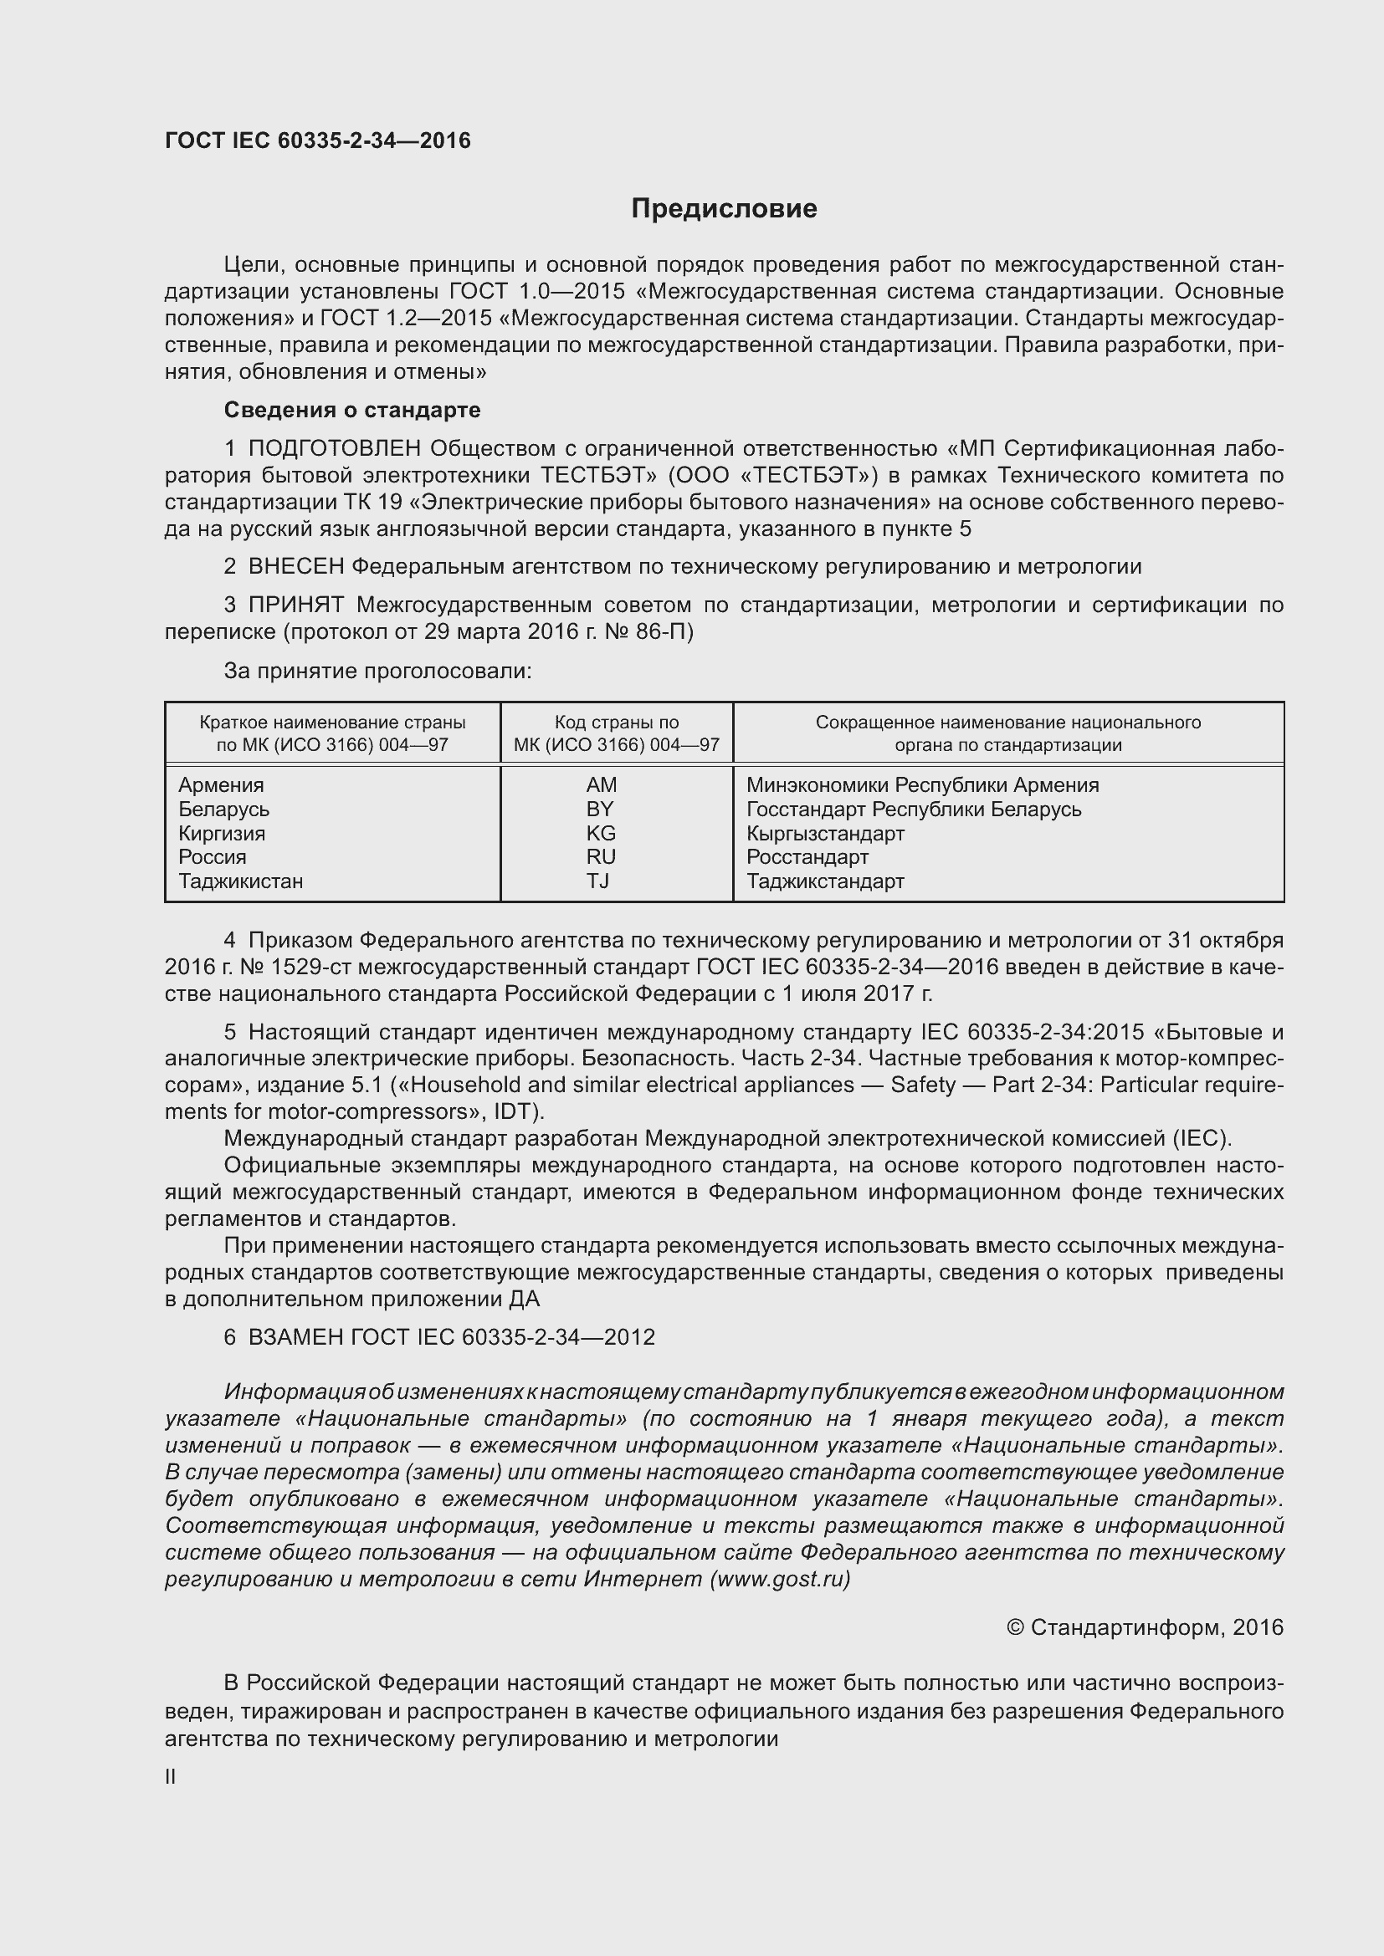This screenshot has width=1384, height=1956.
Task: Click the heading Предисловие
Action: click(724, 209)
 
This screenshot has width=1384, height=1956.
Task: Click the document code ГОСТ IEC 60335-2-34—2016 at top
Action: click(317, 140)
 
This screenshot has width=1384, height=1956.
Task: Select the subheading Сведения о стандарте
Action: click(352, 410)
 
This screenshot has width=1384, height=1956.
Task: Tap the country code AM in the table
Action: click(601, 784)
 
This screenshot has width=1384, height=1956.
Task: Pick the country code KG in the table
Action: click(601, 833)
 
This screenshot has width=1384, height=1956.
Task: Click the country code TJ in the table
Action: click(597, 881)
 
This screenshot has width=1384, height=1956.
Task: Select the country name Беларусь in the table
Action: click(223, 809)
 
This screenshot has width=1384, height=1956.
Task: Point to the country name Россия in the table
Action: click(213, 857)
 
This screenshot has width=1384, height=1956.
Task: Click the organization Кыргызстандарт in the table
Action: click(825, 833)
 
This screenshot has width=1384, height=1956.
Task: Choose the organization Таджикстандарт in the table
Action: click(825, 881)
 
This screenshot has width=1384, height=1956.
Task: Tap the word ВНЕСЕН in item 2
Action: click(295, 566)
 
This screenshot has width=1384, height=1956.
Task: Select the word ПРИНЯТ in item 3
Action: click(295, 605)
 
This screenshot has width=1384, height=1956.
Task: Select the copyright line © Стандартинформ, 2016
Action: click(1145, 1627)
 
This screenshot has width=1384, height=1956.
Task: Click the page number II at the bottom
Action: click(171, 1776)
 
